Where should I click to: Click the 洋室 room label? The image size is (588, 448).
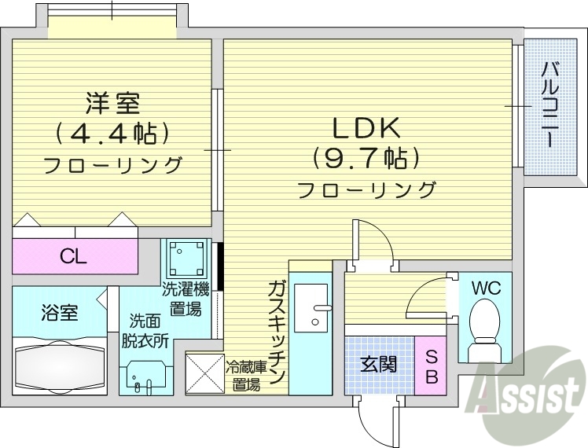point(112,103)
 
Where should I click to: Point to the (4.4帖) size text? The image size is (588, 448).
point(112,133)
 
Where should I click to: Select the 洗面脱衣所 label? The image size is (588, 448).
point(149,331)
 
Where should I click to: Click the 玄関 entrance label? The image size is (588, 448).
point(378,364)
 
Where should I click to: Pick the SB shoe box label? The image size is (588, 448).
point(432,366)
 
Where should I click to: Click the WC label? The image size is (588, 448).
point(485,287)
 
